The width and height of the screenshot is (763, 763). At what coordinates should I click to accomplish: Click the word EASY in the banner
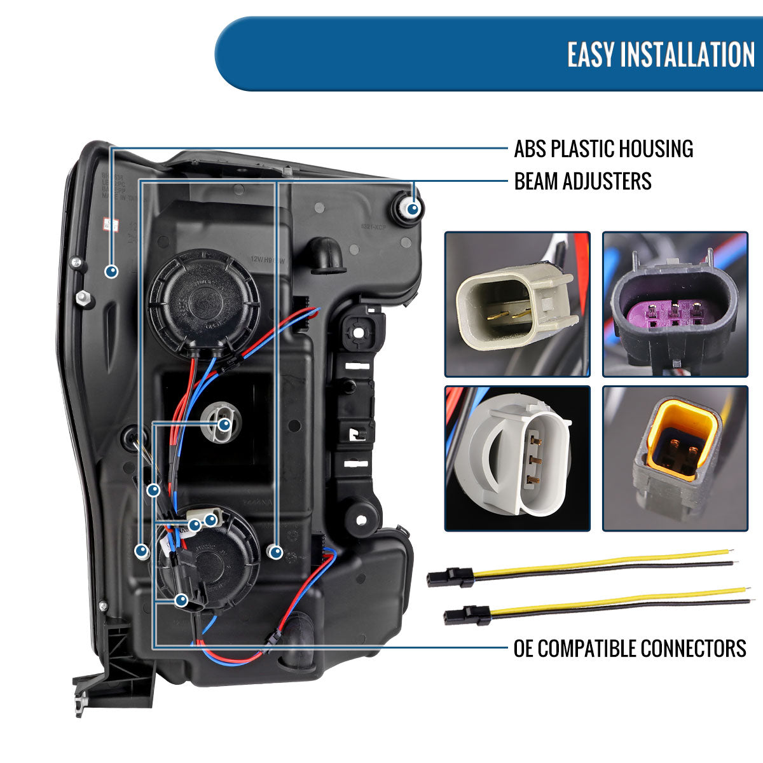591,54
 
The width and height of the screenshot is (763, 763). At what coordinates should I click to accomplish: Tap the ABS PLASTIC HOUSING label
603,149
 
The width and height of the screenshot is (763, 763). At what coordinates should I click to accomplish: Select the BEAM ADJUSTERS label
582,181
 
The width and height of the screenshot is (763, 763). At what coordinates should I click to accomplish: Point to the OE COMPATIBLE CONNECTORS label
629,649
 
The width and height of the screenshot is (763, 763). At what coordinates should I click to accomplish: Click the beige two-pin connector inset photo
517,304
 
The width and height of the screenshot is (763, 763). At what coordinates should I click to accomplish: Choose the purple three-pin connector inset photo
675,304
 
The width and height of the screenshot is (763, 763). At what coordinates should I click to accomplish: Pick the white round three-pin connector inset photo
517,458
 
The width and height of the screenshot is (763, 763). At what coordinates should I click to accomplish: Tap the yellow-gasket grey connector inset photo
675,458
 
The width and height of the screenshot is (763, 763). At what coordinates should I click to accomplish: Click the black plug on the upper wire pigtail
450,578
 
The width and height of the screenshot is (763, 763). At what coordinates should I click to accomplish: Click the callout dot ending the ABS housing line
112,272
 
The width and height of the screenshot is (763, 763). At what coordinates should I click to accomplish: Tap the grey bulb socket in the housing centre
219,424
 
